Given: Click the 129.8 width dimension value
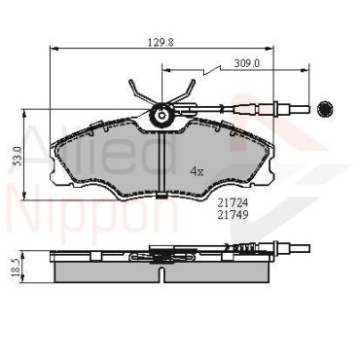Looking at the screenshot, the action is (x=162, y=42).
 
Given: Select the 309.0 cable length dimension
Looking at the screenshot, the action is (x=247, y=63).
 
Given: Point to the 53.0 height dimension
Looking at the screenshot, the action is (x=18, y=156).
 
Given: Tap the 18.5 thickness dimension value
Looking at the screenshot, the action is (x=16, y=268).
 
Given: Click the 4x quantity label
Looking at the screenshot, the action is (x=197, y=171).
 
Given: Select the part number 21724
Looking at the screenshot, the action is (x=233, y=203).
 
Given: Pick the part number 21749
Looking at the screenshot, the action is (x=233, y=214).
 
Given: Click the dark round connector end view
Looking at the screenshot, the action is (x=324, y=110).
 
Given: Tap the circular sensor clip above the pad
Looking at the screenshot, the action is (x=162, y=115).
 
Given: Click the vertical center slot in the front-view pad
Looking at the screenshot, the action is (x=162, y=162).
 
